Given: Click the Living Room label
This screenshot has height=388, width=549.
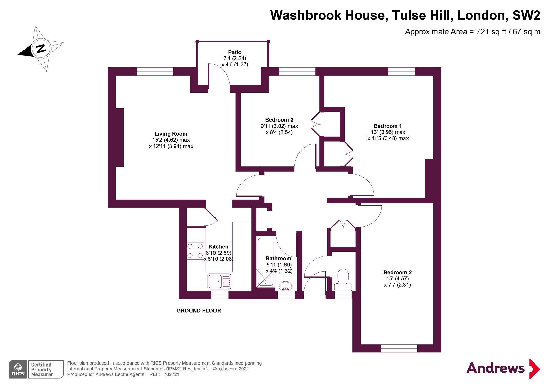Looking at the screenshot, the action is tap(171, 134).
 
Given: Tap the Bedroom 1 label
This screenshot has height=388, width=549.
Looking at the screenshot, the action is tap(388, 126).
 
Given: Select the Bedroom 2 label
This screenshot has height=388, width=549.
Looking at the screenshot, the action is tap(397, 272).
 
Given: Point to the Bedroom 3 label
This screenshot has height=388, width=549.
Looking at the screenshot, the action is tap(279, 120).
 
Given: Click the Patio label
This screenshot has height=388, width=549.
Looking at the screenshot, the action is tap(235, 52).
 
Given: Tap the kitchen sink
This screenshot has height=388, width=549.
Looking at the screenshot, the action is tap(219, 281).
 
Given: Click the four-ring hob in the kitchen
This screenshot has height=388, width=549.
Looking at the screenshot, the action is tap(195, 251).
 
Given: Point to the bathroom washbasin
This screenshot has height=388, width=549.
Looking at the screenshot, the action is tap(285, 286).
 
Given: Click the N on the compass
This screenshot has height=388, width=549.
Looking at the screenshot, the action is tap(41, 48).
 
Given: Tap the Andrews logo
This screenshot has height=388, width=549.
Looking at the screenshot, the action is tap(503, 368).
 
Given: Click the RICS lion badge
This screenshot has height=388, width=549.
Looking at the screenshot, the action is tap(18, 369).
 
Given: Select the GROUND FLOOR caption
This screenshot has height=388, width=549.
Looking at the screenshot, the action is tap(199, 311).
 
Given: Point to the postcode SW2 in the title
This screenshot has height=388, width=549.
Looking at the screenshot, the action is tap(526, 15).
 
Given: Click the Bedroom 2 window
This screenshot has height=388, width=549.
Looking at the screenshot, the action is tap(399, 348).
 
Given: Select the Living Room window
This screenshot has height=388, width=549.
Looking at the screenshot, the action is tap(155, 71).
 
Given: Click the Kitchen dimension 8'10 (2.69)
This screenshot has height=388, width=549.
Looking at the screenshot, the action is tap(219, 253).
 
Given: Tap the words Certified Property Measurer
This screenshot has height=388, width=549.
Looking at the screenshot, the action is tap(42, 369).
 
